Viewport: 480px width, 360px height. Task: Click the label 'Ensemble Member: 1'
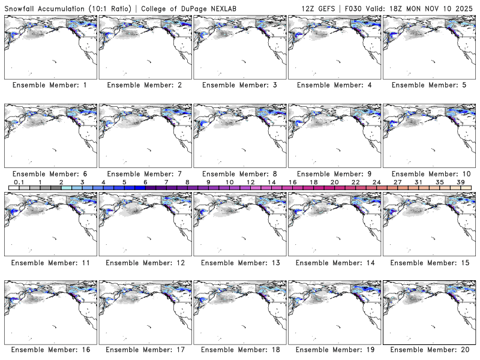tap(50, 85)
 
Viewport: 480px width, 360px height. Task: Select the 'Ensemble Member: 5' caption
tap(429, 85)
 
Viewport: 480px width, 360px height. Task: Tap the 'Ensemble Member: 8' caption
tap(239, 173)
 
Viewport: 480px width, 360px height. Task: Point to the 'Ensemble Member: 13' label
tap(239, 262)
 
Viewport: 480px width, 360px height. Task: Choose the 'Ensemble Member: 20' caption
tap(429, 350)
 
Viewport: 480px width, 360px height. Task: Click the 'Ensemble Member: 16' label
tap(50, 350)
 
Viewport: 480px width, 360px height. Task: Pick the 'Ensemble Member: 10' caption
tap(429, 173)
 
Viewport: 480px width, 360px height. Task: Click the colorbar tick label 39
tap(460, 182)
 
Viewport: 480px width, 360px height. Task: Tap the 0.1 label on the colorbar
tap(19, 182)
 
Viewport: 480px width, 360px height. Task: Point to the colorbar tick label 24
tap(376, 182)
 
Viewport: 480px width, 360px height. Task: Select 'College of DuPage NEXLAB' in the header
tap(191, 7)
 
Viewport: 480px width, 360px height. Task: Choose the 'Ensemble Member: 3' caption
tap(239, 85)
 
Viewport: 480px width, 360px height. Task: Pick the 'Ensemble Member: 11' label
tap(50, 262)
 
